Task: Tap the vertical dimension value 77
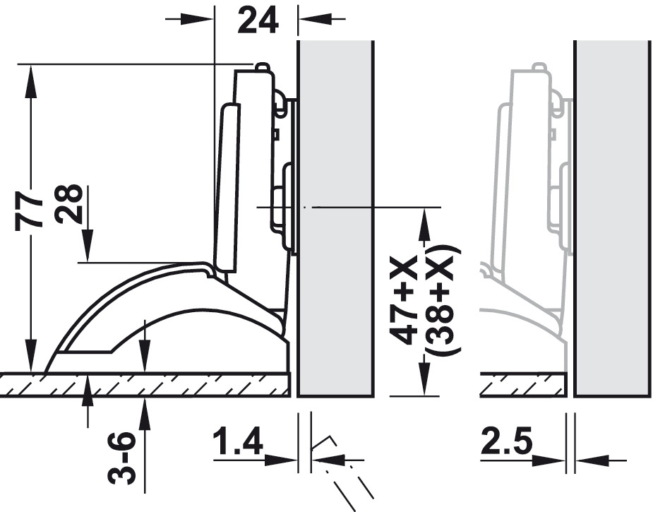(x=29, y=210)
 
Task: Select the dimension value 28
(x=68, y=203)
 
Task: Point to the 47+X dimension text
(x=403, y=300)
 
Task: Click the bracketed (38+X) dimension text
(x=444, y=300)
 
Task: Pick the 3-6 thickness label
(x=121, y=458)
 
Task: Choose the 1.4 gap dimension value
(x=238, y=441)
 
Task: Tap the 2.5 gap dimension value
(x=506, y=441)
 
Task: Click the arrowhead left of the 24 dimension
(x=197, y=19)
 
